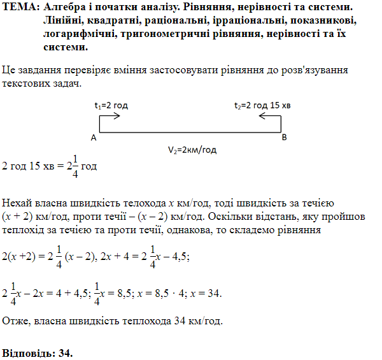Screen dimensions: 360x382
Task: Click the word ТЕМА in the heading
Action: point(19,7)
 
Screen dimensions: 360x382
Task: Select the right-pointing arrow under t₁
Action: point(109,116)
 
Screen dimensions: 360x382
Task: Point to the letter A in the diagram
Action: point(94,138)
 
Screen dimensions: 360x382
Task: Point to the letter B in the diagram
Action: point(284,138)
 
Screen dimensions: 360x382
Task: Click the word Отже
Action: point(15,320)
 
